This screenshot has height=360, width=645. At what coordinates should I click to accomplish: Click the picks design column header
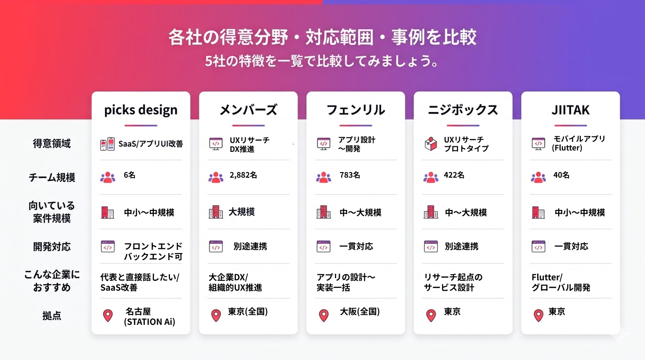[141, 110]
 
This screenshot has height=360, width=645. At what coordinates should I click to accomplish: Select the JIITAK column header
[570, 110]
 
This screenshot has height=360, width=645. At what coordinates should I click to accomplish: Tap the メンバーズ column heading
[248, 110]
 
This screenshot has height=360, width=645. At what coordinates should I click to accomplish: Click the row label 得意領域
[52, 143]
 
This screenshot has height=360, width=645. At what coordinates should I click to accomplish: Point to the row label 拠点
[52, 316]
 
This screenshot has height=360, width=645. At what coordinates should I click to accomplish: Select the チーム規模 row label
[52, 178]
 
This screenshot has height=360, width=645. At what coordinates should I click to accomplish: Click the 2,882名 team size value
[243, 175]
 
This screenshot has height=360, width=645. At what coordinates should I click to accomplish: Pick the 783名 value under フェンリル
[350, 175]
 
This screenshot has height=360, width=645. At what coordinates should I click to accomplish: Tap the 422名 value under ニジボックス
[454, 175]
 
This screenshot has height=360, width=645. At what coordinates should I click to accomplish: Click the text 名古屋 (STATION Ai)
[149, 316]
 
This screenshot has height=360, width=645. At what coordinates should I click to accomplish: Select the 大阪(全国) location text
[360, 312]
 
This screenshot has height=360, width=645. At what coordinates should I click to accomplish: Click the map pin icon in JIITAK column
[538, 315]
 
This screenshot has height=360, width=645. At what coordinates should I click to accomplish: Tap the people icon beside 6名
[107, 177]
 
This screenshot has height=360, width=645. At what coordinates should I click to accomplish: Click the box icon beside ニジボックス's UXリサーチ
[430, 144]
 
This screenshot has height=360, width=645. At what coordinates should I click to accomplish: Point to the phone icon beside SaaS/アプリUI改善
[107, 144]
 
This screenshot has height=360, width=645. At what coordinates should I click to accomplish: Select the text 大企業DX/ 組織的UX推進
[235, 282]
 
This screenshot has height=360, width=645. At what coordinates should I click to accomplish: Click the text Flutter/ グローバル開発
[561, 282]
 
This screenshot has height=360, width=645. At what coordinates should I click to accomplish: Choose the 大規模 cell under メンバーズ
[241, 212]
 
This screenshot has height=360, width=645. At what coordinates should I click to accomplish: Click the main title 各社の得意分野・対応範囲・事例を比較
[322, 37]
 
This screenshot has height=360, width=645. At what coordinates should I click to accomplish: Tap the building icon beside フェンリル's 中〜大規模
[323, 212]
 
